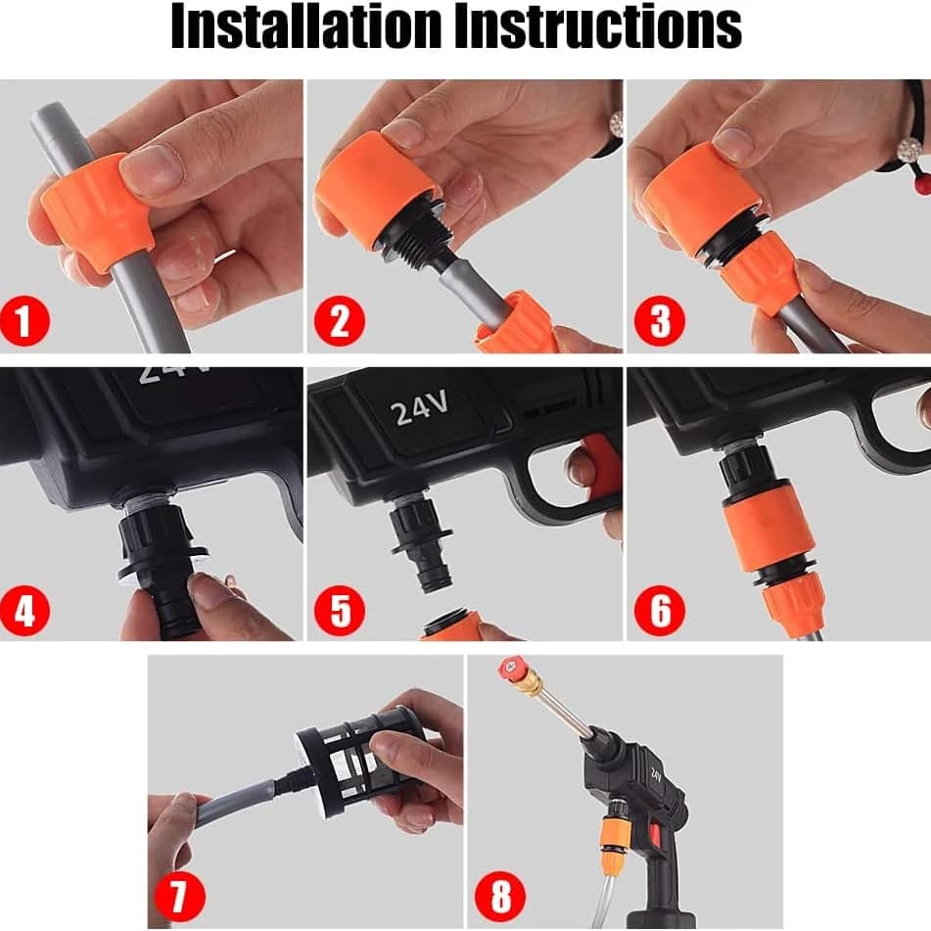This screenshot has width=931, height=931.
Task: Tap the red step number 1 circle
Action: click(24, 321)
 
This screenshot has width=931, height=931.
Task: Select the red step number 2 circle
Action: click(339, 321)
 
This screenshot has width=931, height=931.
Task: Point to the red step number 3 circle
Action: click(660, 321)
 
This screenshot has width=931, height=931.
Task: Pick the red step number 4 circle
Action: click(24, 610)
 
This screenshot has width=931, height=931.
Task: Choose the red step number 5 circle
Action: click(339, 610)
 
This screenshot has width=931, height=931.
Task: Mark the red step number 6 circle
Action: click(660, 610)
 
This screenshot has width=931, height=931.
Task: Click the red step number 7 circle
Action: click(179, 896)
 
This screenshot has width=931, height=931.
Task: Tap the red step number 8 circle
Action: click(500, 896)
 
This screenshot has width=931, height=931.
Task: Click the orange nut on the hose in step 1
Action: click(95, 210)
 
